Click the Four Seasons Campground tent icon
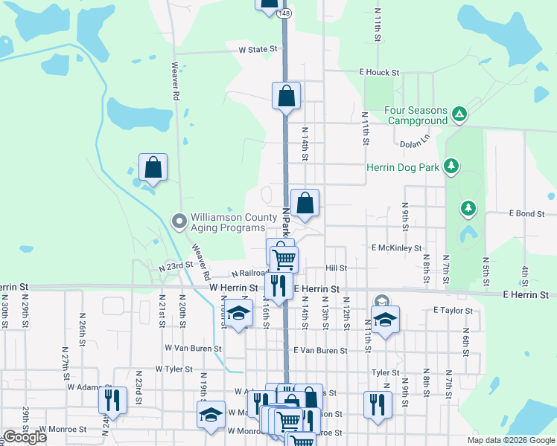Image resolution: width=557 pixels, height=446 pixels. pyautogui.click(x=459, y=114)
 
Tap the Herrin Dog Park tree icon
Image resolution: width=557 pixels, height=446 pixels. pyautogui.click(x=451, y=167)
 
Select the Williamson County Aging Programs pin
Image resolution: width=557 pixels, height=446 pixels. pyautogui.click(x=179, y=221)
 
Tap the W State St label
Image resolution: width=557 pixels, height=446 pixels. pyautogui.click(x=258, y=49)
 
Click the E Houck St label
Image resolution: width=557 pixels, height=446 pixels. pyautogui.click(x=379, y=73)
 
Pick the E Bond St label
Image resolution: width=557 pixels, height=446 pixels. pyautogui.click(x=527, y=213)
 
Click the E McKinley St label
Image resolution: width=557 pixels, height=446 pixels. pyautogui.click(x=397, y=248)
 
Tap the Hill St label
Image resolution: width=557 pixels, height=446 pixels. pyautogui.click(x=337, y=268)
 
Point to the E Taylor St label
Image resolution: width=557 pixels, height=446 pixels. pyautogui.click(x=453, y=310)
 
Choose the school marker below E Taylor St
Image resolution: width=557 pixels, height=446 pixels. pyautogui.click(x=385, y=320)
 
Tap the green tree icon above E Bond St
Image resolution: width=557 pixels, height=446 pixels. pyautogui.click(x=467, y=207)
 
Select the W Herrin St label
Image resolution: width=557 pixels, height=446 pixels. pyautogui.click(x=233, y=287)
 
